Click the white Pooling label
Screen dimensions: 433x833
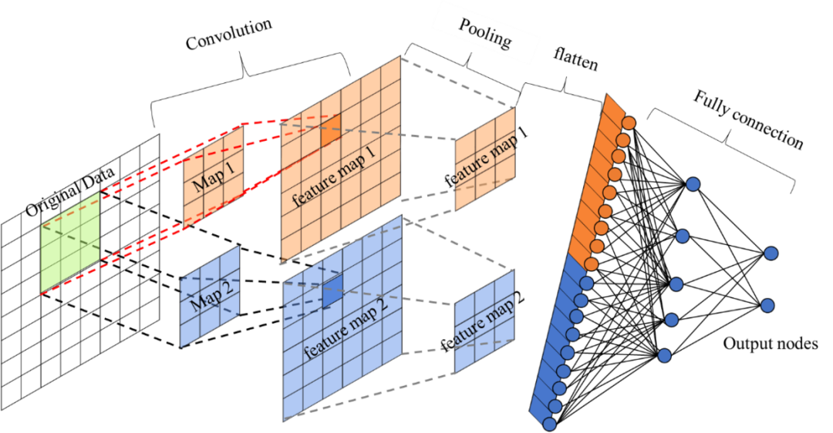click(x=485, y=32)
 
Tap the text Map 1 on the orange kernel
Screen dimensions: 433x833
click(x=213, y=174)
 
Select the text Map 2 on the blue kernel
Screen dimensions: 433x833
click(x=210, y=297)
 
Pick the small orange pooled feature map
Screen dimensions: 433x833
click(x=484, y=159)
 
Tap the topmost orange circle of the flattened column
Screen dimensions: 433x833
click(x=629, y=123)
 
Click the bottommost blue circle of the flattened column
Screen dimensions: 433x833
click(x=548, y=423)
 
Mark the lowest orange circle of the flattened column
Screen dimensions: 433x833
click(x=592, y=264)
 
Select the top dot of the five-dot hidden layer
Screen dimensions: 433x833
click(x=693, y=184)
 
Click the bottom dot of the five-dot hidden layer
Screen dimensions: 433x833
click(x=664, y=355)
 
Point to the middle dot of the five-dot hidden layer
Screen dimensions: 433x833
click(x=676, y=284)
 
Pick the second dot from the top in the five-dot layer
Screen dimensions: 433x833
click(x=682, y=236)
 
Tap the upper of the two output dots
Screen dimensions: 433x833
click(x=771, y=253)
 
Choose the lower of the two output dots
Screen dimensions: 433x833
click(x=767, y=305)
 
